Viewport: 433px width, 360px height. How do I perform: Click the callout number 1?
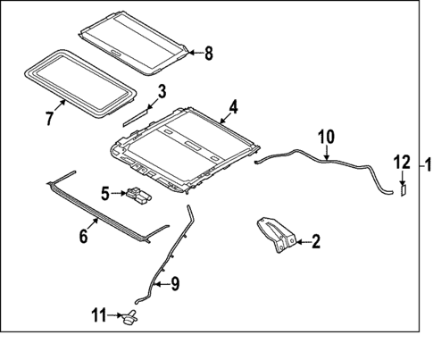(427, 163)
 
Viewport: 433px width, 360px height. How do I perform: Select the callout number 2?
(314, 241)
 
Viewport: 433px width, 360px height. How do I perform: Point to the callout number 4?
(232, 107)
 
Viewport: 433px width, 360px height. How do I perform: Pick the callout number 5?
(104, 192)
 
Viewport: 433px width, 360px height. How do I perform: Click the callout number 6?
(82, 236)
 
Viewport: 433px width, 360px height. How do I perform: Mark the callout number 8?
(209, 53)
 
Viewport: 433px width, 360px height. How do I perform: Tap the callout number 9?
(174, 285)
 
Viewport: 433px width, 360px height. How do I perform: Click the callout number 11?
(99, 314)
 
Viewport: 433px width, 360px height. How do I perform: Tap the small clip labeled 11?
(132, 316)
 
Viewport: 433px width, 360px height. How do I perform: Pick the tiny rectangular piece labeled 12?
(403, 188)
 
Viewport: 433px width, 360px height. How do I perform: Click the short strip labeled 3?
(137, 113)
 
